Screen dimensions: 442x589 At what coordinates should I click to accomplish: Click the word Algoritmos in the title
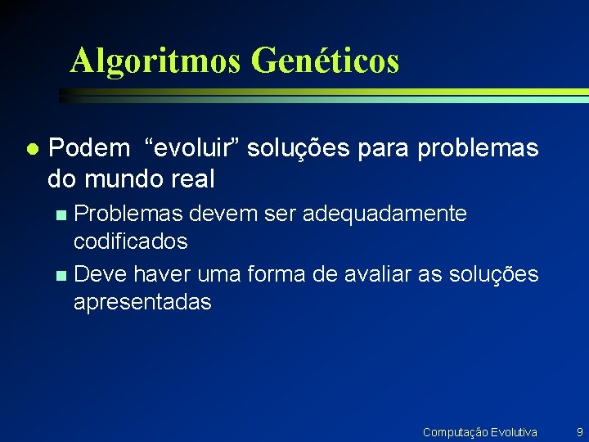(x=155, y=61)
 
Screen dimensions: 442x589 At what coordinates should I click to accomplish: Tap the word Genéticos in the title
(x=326, y=61)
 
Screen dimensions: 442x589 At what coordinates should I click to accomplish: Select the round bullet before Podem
(x=31, y=149)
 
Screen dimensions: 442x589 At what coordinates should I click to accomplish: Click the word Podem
(x=89, y=148)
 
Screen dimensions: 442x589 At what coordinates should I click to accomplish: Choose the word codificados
(x=130, y=241)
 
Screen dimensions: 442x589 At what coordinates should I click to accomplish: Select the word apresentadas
(x=142, y=302)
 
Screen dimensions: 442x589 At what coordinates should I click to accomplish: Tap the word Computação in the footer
(x=454, y=431)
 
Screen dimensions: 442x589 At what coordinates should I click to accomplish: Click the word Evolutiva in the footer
(x=512, y=431)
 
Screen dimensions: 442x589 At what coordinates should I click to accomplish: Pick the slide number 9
(x=579, y=431)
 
